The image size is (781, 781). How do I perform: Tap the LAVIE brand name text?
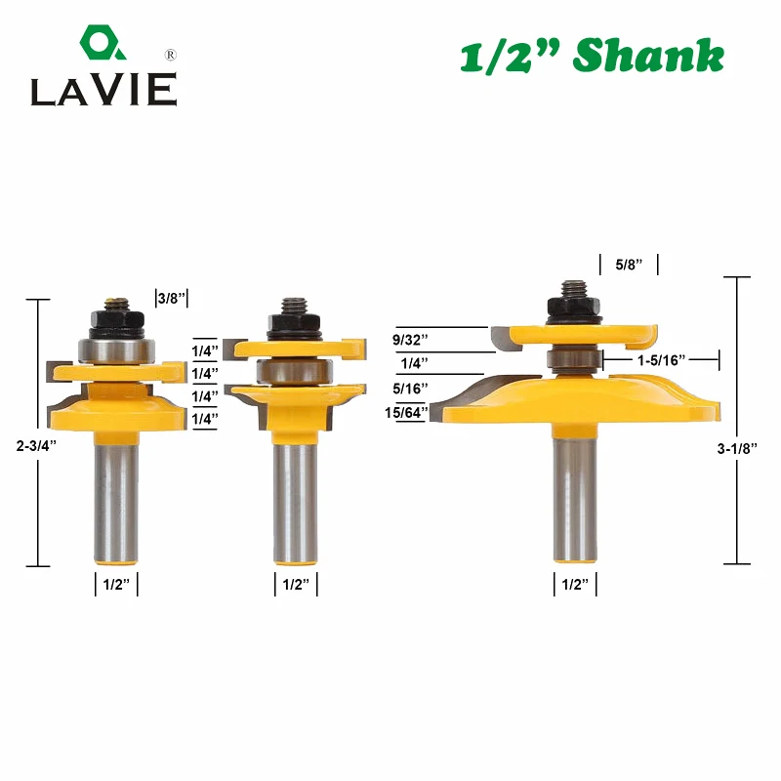tap(103, 90)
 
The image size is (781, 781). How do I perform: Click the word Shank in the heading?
tap(648, 56)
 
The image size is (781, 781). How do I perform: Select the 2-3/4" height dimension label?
tap(36, 446)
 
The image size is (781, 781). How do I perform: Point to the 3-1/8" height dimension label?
tap(737, 449)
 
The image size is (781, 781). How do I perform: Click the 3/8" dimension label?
tap(172, 299)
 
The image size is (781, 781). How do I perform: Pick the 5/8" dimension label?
tap(629, 265)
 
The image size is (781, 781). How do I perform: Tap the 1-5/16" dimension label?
tap(662, 360)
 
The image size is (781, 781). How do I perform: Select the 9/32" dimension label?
tap(410, 340)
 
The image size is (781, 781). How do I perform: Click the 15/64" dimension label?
tap(406, 412)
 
